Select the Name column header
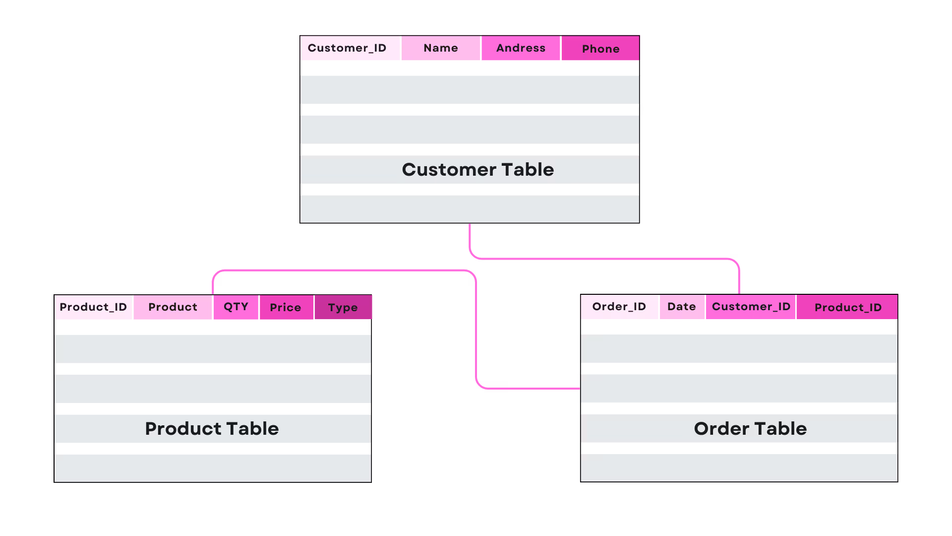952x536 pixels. (x=441, y=48)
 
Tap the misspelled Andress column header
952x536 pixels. (x=521, y=48)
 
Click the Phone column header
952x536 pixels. (x=600, y=49)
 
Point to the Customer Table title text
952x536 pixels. (x=477, y=170)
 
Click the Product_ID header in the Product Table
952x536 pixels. (x=93, y=307)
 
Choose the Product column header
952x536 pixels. (x=173, y=307)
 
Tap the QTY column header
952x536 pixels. (x=236, y=307)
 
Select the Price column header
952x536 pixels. (x=286, y=308)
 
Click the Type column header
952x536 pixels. (x=343, y=308)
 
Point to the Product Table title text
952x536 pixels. (x=212, y=429)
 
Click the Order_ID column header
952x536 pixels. (x=619, y=307)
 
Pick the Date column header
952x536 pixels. (x=682, y=307)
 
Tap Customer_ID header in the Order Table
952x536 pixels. (x=751, y=307)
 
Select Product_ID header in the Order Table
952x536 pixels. (x=847, y=308)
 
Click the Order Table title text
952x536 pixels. (x=750, y=429)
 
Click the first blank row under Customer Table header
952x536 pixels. (x=470, y=90)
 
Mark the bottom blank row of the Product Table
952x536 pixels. (x=213, y=468)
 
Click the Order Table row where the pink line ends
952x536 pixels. (x=739, y=389)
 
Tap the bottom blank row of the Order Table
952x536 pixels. (x=739, y=468)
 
